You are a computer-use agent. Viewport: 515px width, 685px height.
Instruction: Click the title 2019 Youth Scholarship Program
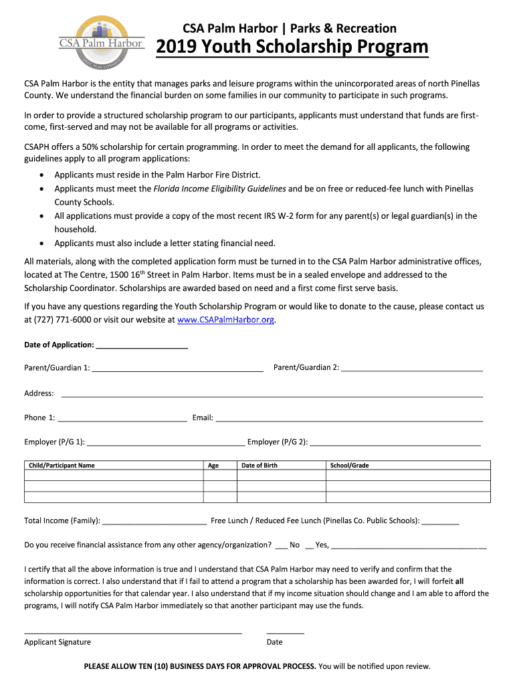coord(292,47)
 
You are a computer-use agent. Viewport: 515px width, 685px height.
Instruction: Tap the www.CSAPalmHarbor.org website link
coord(225,320)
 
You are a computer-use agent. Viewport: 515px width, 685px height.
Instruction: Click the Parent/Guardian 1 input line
coord(177,369)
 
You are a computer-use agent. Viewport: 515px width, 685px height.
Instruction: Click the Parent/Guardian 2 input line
coord(412,369)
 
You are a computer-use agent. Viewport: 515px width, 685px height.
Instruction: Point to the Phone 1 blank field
coord(122,419)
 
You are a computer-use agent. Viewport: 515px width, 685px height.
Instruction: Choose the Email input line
coord(348,419)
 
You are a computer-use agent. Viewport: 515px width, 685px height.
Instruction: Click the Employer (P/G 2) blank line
coord(395,444)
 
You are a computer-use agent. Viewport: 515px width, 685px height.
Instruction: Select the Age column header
coord(213,466)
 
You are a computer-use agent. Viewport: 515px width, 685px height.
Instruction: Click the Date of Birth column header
coord(260,466)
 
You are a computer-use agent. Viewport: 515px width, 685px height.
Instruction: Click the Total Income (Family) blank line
coord(154,522)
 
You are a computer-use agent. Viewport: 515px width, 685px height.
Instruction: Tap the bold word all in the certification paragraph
coord(459,582)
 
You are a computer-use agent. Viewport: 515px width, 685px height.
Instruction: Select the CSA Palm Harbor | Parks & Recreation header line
coord(290,28)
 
